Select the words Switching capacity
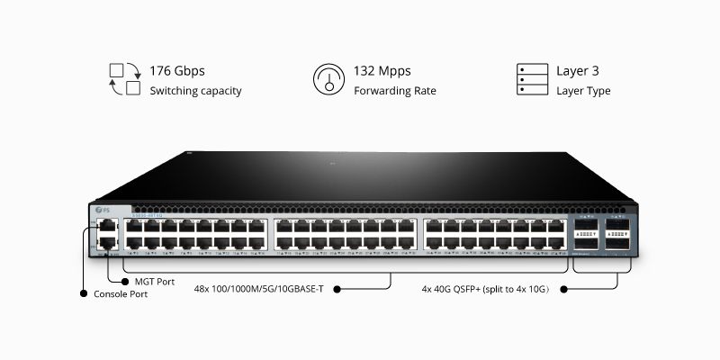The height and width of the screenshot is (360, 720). pyautogui.click(x=195, y=91)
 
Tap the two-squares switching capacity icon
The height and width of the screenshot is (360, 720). pyautogui.click(x=125, y=79)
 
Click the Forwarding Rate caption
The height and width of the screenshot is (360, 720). pyautogui.click(x=394, y=91)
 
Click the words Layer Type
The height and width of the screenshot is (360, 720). pyautogui.click(x=583, y=91)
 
